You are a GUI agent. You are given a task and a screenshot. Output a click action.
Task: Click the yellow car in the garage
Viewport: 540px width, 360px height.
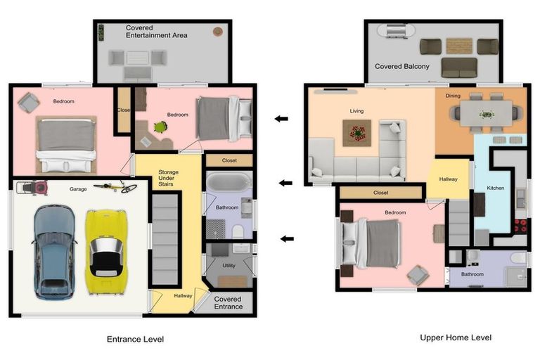click(106, 252)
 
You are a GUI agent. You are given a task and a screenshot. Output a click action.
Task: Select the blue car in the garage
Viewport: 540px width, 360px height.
click(54, 252)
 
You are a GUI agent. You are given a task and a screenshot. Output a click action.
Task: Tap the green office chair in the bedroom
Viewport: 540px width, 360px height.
click(160, 127)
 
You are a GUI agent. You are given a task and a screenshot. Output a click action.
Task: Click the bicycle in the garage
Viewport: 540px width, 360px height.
click(116, 187)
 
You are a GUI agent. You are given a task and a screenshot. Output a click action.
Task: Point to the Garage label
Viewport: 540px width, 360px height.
click(78, 189)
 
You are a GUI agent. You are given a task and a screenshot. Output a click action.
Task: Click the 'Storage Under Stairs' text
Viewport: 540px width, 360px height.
click(168, 178)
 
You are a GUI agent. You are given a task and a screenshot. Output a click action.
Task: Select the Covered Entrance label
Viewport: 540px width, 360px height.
click(228, 303)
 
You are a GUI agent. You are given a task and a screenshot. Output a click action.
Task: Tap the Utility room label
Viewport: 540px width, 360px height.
click(229, 265)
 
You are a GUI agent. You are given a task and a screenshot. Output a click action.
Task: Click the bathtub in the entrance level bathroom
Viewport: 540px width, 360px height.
click(229, 182)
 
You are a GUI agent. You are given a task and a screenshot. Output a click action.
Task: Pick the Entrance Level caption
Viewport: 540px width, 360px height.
click(135, 340)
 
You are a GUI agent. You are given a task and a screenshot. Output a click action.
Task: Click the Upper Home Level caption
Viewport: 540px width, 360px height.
click(456, 337)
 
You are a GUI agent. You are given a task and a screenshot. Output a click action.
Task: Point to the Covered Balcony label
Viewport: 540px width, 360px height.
click(402, 67)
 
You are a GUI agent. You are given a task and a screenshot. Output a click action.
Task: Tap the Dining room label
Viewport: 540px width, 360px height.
click(453, 96)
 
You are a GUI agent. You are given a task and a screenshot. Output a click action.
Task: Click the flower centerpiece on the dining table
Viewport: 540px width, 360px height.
click(487, 114)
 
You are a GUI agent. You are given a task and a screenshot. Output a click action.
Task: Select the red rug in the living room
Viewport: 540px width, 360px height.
click(356, 133)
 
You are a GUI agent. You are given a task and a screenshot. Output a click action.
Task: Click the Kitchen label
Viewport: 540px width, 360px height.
click(495, 188)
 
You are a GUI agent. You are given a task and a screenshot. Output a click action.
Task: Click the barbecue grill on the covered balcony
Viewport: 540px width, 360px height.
click(395, 30)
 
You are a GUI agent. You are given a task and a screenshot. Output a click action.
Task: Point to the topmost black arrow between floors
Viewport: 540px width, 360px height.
click(281, 119)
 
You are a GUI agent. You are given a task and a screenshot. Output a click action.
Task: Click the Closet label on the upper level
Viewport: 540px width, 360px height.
click(380, 193)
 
